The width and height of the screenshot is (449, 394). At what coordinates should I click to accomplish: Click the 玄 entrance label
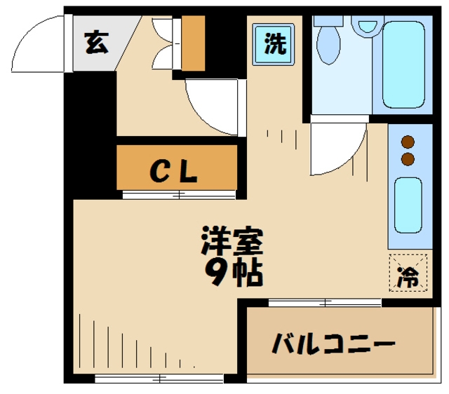(96, 43)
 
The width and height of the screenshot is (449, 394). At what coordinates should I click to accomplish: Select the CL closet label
(175, 170)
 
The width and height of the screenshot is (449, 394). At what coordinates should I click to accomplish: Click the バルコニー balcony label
(333, 345)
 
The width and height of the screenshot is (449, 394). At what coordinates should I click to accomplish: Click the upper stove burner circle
(408, 143)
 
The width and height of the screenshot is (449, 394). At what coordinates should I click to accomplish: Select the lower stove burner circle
(408, 160)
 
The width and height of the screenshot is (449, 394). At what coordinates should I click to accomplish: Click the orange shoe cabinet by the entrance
(192, 43)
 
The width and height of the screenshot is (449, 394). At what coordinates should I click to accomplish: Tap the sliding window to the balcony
(324, 303)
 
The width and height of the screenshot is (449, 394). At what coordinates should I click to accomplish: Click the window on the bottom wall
(160, 379)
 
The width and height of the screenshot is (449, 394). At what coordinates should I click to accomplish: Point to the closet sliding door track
(178, 194)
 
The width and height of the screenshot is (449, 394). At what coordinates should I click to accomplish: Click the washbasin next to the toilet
(367, 25)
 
